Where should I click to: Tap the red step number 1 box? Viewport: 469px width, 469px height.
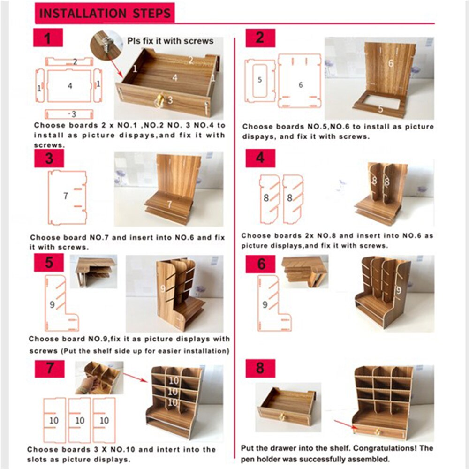coord(47,38)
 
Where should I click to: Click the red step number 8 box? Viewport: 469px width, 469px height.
coord(260,368)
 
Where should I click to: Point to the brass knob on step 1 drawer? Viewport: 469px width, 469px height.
coord(159,98)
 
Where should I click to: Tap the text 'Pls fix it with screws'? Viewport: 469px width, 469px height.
coord(170,41)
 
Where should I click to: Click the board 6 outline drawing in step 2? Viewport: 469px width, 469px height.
coord(300,81)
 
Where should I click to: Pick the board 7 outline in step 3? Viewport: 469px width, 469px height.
coord(67,197)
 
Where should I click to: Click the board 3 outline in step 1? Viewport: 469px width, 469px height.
coord(69,114)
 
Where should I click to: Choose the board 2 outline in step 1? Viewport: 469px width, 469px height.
coord(69,61)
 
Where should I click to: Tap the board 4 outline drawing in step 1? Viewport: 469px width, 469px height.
coord(69,86)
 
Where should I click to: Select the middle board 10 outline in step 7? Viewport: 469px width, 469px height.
coord(79,420)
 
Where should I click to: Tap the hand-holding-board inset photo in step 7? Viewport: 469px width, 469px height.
coord(99,378)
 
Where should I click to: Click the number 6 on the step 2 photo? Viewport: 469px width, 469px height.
coord(390,63)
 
